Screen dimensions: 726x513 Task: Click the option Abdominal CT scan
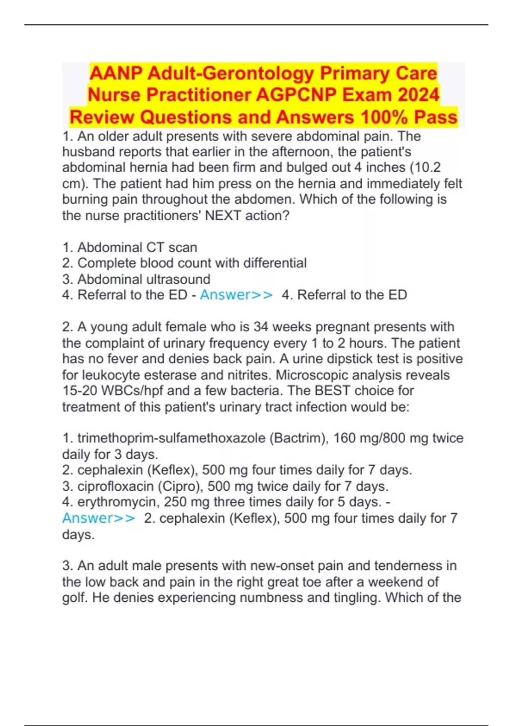point(137,247)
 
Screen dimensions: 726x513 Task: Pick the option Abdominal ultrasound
point(144,279)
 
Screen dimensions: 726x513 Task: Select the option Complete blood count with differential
point(192,263)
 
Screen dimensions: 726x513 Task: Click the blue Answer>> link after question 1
point(236,295)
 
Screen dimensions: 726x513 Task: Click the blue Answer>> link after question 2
point(99,518)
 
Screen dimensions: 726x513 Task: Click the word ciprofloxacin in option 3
point(115,486)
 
